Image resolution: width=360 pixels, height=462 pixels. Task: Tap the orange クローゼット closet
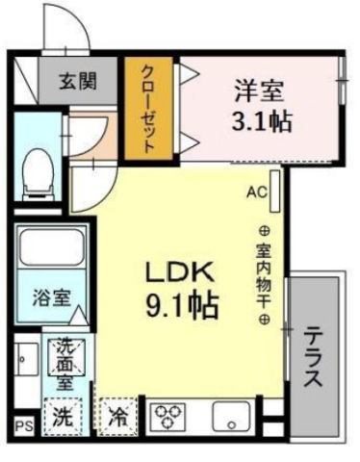pos(149,108)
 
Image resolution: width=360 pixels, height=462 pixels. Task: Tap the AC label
pos(255,192)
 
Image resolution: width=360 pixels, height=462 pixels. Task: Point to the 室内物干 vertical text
pos(263,274)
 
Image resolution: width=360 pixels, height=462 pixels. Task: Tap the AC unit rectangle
pos(273,192)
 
